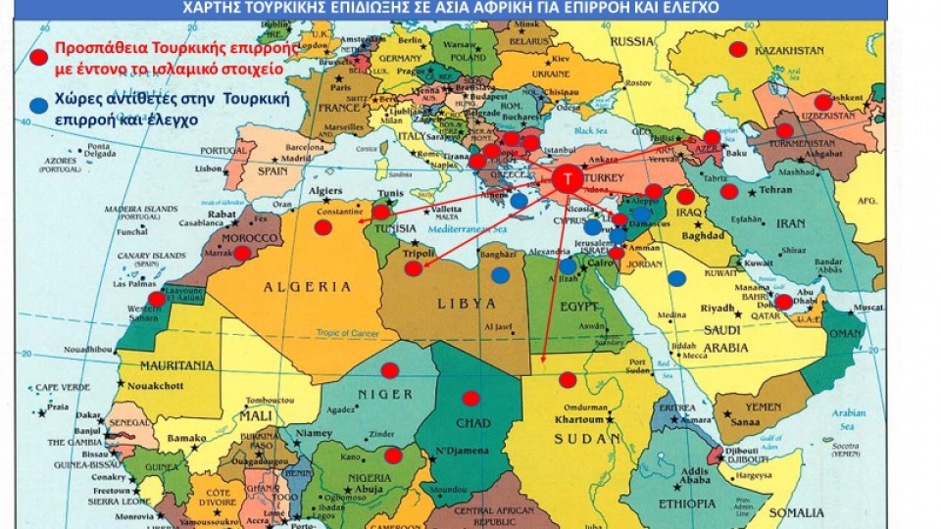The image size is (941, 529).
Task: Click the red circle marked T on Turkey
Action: [565, 179]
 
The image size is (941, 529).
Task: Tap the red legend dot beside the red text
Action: [38, 58]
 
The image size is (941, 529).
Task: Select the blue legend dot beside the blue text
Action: [38, 105]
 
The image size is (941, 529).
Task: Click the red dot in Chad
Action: [470, 398]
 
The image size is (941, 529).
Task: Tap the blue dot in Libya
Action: [500, 275]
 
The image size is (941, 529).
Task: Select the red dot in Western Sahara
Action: [157, 299]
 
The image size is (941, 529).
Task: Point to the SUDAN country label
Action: [581, 439]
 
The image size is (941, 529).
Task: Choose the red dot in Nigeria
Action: [392, 455]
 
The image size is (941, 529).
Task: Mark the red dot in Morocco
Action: [242, 252]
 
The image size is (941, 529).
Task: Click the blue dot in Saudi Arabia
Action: [676, 278]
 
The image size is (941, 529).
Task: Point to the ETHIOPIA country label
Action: [686, 504]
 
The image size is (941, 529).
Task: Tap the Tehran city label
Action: [776, 189]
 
